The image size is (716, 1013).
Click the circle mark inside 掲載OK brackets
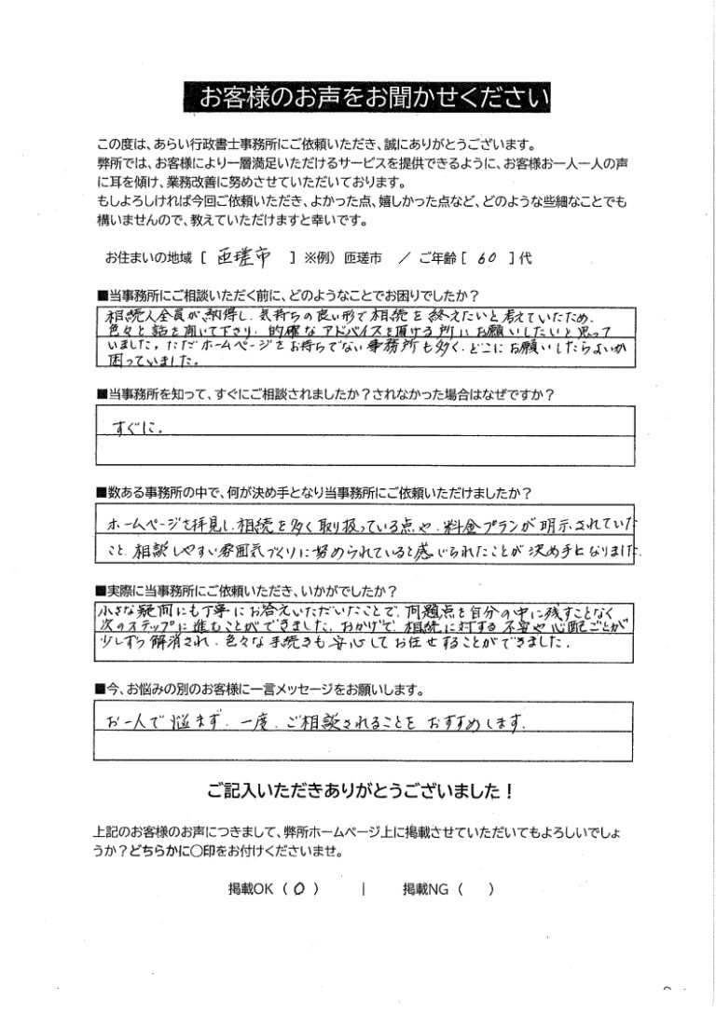298,889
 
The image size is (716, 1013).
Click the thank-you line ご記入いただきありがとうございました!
358,791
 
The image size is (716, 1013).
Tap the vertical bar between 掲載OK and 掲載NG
361,889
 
